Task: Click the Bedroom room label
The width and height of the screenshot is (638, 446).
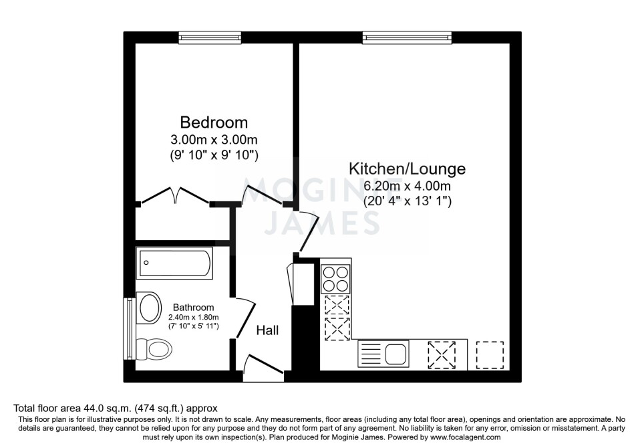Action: [x=214, y=122]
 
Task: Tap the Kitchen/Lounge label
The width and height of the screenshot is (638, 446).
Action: [x=408, y=169]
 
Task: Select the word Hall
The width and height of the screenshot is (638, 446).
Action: [x=267, y=330]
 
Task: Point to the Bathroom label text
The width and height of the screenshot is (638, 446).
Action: [x=193, y=307]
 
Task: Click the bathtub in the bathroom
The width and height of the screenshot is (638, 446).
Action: [x=174, y=263]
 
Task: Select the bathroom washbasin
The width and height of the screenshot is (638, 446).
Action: [x=149, y=308]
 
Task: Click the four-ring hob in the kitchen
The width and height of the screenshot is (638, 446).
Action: [x=335, y=279]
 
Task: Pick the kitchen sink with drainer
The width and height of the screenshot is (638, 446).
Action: [x=383, y=354]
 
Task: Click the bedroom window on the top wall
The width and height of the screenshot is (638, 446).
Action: [x=210, y=37]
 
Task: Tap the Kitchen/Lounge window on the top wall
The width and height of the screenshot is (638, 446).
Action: [x=408, y=37]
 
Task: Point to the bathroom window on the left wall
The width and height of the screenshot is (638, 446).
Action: [x=130, y=329]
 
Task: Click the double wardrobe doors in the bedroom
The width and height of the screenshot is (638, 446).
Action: [x=176, y=195]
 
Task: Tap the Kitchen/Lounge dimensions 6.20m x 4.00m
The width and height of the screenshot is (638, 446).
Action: [x=407, y=186]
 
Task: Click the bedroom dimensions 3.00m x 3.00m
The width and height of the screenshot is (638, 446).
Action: [x=214, y=140]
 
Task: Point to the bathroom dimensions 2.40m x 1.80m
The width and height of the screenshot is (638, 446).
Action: [x=194, y=318]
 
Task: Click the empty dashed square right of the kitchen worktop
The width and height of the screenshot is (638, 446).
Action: [x=490, y=355]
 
